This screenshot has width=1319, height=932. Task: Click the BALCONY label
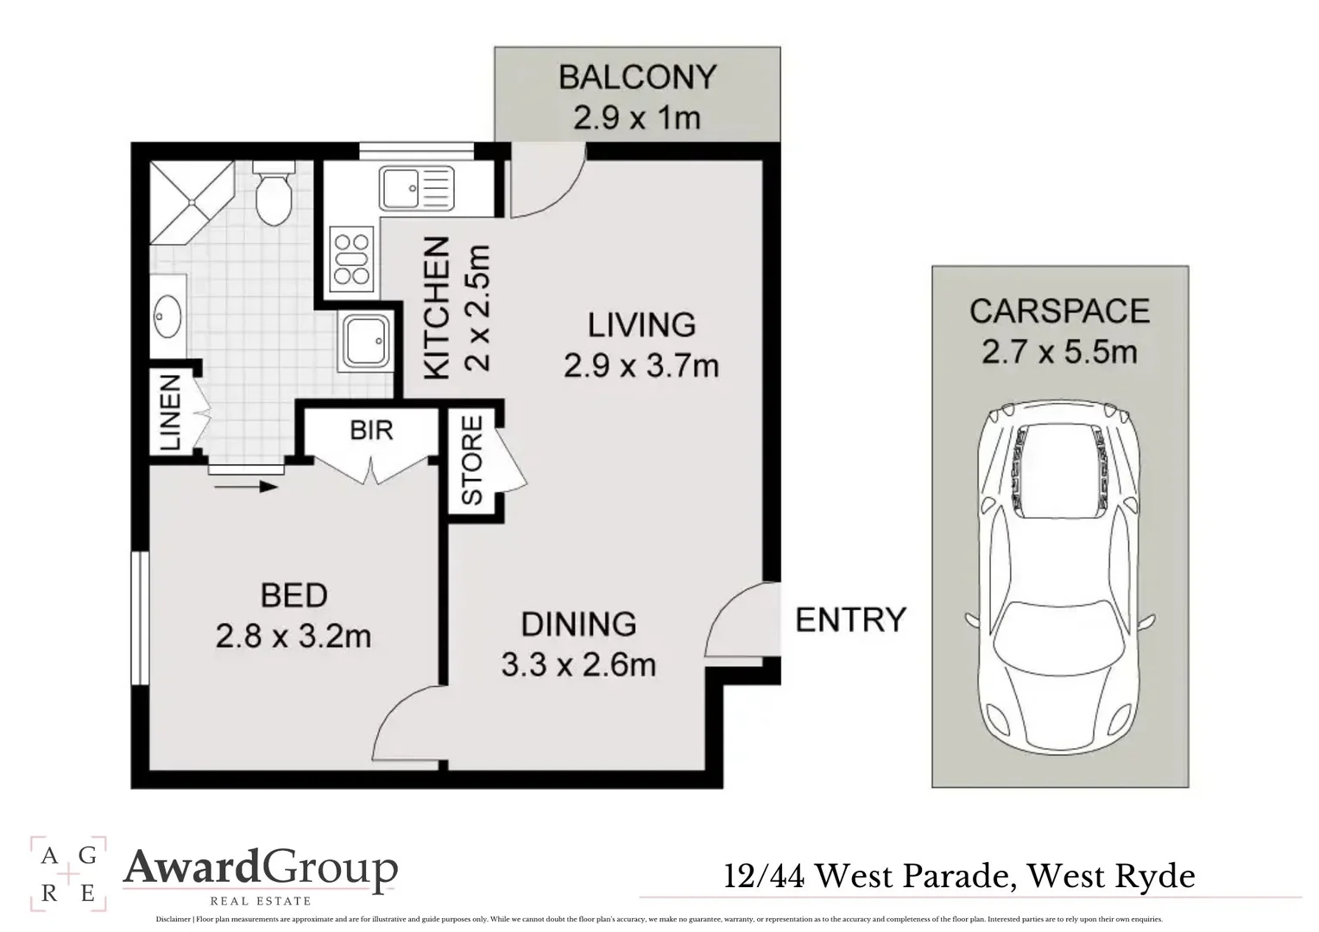(x=637, y=77)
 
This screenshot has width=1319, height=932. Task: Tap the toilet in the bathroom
(x=275, y=195)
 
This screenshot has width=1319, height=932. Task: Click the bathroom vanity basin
(x=167, y=317)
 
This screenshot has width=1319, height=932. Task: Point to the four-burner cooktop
(x=351, y=259)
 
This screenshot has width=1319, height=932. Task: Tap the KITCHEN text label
(x=437, y=308)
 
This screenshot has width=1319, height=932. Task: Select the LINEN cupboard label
(x=170, y=412)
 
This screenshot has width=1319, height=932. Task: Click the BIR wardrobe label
(x=371, y=429)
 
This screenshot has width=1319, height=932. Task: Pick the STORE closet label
(x=472, y=460)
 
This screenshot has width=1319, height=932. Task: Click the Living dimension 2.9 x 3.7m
(x=641, y=366)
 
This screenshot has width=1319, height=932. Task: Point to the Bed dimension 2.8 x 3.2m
(x=293, y=637)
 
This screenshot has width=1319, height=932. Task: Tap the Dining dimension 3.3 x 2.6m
(x=578, y=664)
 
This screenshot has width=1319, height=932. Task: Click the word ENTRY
(x=850, y=620)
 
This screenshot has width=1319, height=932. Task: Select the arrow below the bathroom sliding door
(x=246, y=487)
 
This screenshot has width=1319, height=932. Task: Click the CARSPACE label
(x=1059, y=311)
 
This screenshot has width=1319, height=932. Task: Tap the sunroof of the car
(x=1058, y=472)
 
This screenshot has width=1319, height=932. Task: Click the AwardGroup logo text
(x=261, y=868)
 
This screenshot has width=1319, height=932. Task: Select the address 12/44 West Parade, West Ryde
(x=959, y=877)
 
